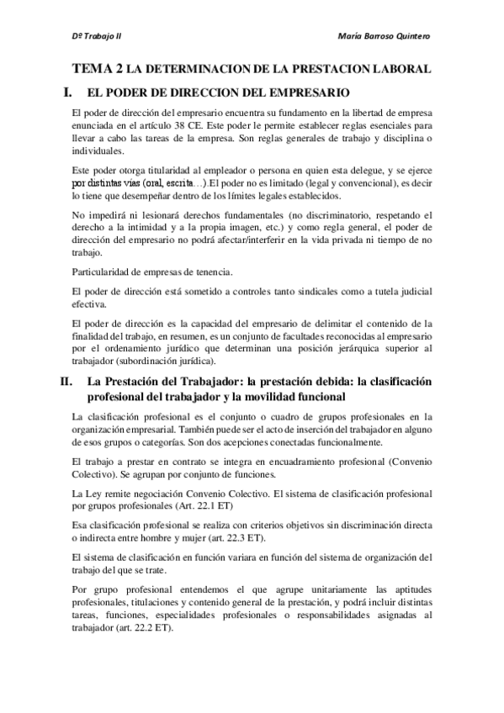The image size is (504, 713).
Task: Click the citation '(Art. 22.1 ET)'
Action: (202, 507)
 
